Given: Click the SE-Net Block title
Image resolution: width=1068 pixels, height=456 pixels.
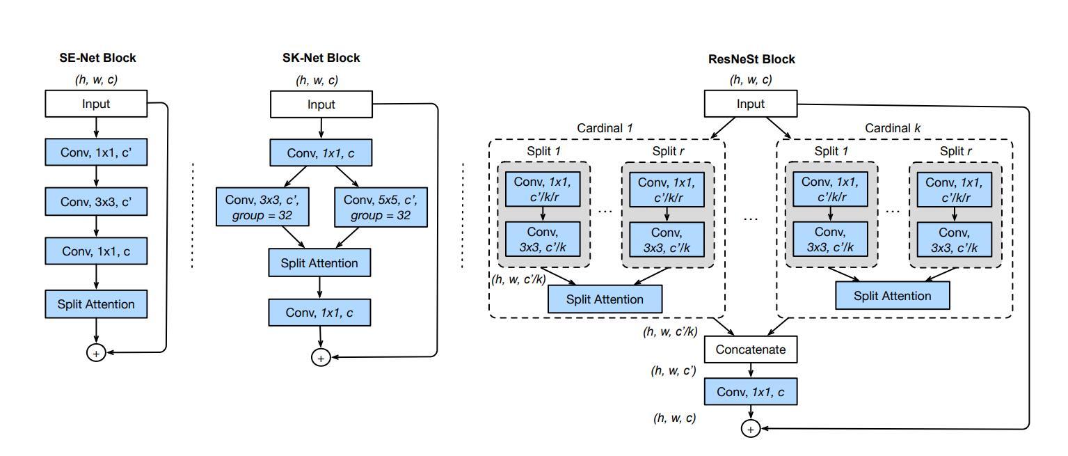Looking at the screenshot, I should click(97, 58).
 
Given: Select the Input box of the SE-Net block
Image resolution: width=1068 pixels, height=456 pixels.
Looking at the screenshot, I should click(96, 104).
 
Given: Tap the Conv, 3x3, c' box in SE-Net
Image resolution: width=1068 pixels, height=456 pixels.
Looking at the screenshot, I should click(96, 202).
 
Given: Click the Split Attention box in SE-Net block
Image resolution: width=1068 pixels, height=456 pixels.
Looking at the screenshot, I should click(96, 304).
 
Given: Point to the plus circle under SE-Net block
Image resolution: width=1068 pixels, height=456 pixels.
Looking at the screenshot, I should click(96, 353).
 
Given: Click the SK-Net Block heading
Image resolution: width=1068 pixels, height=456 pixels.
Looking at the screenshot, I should click(321, 58).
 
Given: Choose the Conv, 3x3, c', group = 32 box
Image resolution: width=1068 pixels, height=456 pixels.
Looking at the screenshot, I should click(262, 207).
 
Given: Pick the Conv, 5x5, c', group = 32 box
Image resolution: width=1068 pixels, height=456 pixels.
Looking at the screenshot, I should click(381, 207).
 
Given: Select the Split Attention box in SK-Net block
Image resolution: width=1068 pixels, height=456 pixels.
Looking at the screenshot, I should click(319, 263).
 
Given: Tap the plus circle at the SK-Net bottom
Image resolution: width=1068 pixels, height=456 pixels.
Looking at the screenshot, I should click(321, 358).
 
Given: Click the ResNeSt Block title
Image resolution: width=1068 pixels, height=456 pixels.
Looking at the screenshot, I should click(751, 59).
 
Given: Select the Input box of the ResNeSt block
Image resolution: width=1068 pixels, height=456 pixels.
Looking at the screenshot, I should click(750, 104).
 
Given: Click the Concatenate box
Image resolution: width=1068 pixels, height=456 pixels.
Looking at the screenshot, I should click(750, 349).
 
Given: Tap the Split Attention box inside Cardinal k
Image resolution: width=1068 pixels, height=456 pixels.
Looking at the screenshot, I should click(892, 296).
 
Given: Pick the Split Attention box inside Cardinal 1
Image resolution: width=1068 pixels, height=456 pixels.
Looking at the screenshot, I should click(605, 299).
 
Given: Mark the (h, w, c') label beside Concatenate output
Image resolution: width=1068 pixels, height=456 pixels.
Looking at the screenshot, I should click(674, 371).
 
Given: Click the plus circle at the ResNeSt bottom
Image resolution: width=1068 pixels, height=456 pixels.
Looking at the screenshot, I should click(750, 430).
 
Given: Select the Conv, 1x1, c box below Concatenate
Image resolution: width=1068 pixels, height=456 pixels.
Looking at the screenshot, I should click(750, 393).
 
